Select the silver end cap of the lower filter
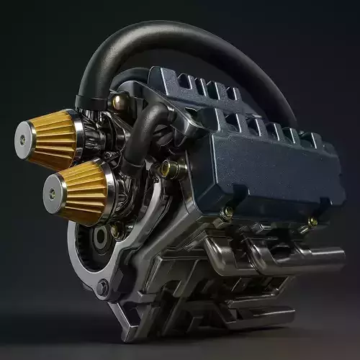(53, 194)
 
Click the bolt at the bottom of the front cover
(103, 288)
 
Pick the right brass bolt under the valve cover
(312, 222)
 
